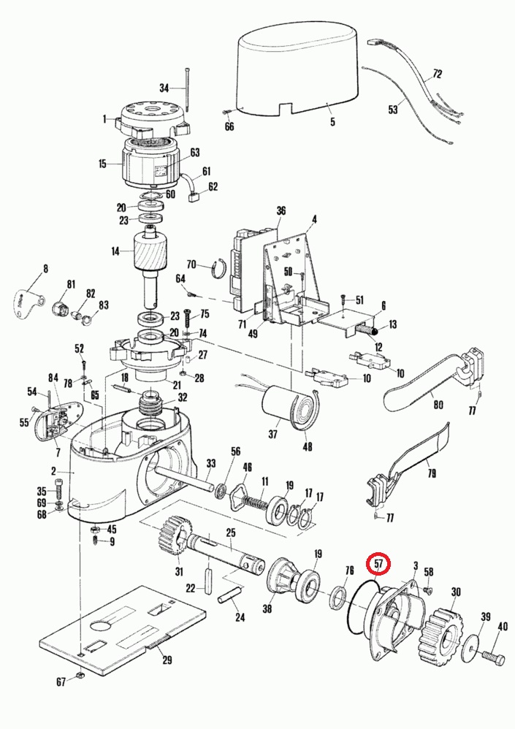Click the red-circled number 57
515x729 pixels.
click(x=379, y=565)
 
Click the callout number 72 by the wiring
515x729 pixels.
click(x=438, y=74)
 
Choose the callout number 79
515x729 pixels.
click(x=431, y=474)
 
